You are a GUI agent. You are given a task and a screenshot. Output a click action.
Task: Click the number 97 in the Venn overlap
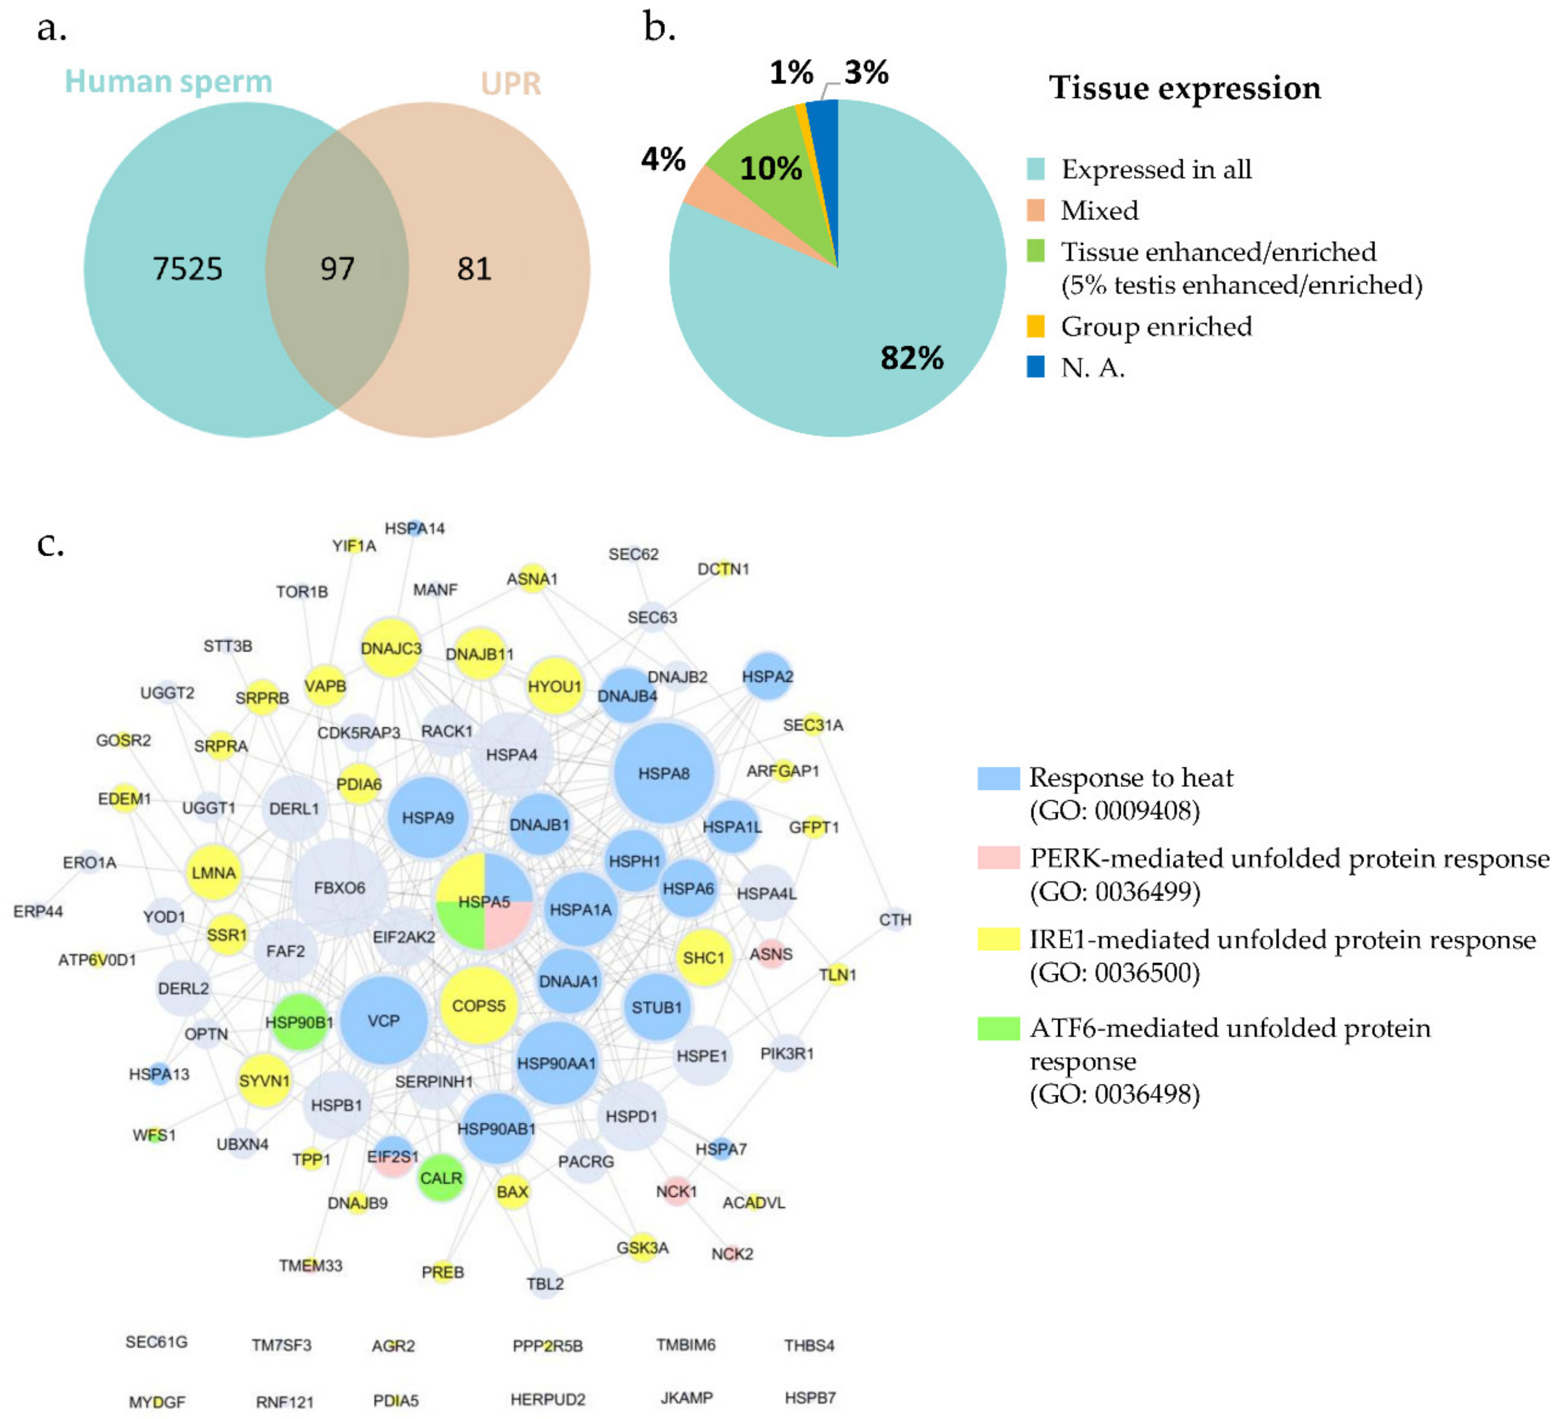(337, 269)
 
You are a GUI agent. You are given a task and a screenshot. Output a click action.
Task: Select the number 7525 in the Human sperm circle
(187, 269)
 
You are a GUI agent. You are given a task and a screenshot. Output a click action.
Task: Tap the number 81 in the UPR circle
(474, 269)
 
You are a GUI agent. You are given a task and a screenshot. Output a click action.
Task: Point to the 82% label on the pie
(912, 358)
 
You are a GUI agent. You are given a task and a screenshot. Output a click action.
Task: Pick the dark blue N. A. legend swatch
(1036, 367)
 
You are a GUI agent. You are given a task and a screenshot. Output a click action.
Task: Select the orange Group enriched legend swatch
(1036, 326)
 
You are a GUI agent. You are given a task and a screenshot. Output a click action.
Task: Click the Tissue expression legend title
(1185, 88)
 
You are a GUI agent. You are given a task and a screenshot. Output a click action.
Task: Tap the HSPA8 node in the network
(663, 773)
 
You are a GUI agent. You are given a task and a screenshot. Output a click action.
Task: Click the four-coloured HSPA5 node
(485, 902)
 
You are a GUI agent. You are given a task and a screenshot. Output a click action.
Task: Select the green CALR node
(441, 1178)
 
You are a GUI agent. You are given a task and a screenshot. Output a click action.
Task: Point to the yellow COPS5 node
(479, 1006)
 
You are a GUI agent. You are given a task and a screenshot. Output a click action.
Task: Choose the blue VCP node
(383, 1020)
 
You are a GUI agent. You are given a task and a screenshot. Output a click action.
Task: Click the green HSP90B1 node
(300, 1022)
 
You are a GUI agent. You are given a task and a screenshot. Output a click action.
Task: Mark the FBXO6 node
(339, 888)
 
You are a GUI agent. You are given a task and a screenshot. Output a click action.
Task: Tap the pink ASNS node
(771, 954)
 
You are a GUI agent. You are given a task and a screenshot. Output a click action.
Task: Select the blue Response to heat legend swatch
(998, 778)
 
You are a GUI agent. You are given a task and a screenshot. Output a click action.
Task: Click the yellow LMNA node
(213, 873)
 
